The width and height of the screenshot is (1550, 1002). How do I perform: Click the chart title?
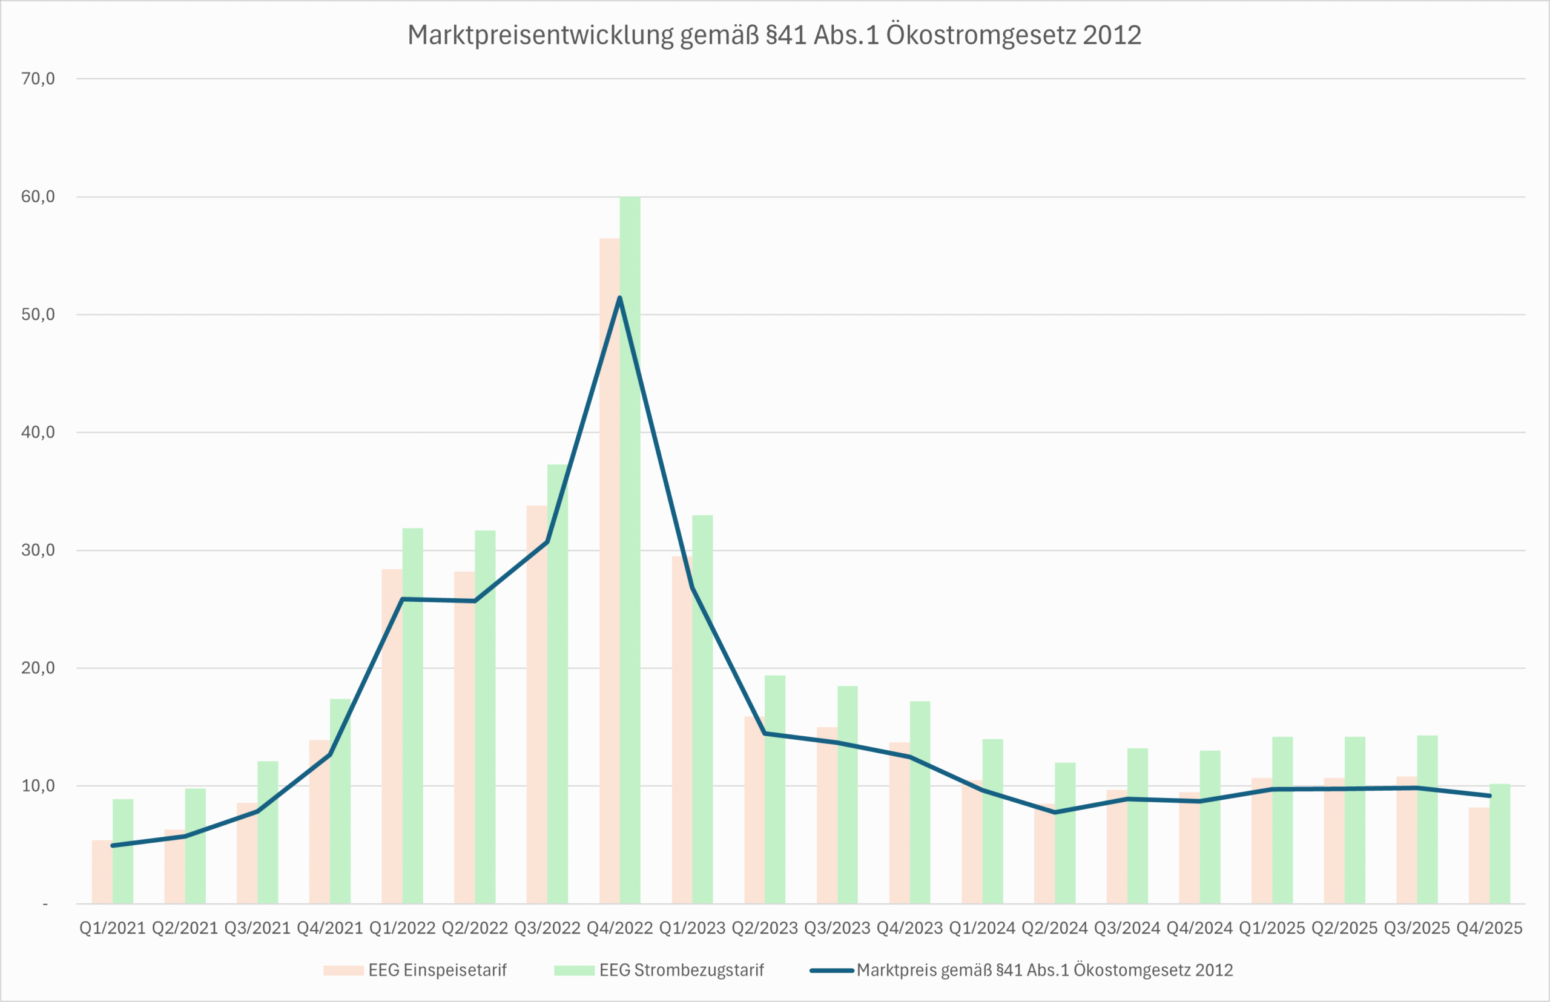click(x=774, y=35)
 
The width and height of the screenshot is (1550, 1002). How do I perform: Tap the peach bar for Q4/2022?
click(x=609, y=585)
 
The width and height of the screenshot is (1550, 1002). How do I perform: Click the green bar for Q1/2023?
click(x=703, y=716)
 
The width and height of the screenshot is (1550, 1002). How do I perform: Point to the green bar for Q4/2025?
click(x=1500, y=846)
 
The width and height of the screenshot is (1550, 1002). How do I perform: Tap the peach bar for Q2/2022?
click(x=464, y=742)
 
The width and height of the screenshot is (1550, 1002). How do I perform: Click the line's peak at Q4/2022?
click(x=619, y=298)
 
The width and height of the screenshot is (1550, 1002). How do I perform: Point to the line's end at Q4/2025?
click(x=1489, y=796)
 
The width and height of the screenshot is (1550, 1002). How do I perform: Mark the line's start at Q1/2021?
click(x=113, y=846)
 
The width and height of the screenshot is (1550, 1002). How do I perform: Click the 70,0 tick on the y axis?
click(x=38, y=79)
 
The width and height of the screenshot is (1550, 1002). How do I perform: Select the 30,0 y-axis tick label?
click(x=38, y=550)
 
